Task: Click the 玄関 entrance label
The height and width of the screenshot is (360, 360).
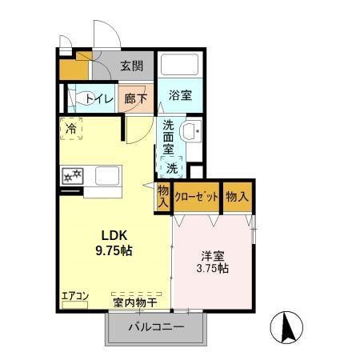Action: pyautogui.click(x=131, y=67)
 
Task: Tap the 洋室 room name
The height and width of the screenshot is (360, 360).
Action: pyautogui.click(x=213, y=256)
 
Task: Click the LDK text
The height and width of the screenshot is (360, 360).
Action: pyautogui.click(x=114, y=235)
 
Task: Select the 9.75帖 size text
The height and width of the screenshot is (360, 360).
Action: pyautogui.click(x=114, y=250)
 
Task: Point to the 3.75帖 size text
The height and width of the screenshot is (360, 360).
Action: pyautogui.click(x=214, y=269)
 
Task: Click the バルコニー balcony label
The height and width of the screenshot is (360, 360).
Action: pyautogui.click(x=157, y=327)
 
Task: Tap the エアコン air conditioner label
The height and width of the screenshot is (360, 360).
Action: pyautogui.click(x=74, y=297)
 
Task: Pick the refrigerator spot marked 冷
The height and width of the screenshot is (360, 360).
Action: pyautogui.click(x=72, y=128)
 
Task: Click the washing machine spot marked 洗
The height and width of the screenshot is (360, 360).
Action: pyautogui.click(x=173, y=168)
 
